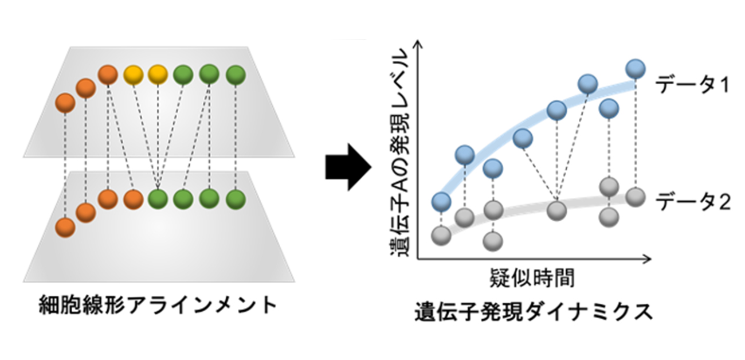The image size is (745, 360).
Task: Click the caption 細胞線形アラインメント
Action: [158, 304]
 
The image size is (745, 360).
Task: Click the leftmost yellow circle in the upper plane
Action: [132, 75]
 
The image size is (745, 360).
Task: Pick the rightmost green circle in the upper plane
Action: [236, 75]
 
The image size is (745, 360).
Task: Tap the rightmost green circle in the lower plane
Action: [236, 198]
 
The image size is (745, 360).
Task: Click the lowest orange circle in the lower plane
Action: [65, 228]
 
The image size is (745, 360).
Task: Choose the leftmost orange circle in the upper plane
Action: [65, 104]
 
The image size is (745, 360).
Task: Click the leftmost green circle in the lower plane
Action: [158, 198]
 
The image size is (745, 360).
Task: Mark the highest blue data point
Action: [634, 69]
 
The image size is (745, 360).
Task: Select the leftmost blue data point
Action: [441, 201]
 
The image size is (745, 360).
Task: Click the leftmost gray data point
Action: [441, 235]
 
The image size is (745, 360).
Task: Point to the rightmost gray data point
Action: [634, 197]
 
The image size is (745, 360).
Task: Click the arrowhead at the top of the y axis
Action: [419, 45]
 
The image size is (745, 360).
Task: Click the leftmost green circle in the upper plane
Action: [183, 75]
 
